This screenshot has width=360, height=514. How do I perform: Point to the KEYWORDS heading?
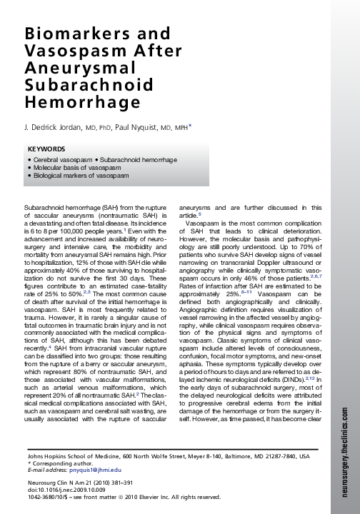click(46, 150)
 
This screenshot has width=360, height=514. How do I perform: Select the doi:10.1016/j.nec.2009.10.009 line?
click(66, 489)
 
